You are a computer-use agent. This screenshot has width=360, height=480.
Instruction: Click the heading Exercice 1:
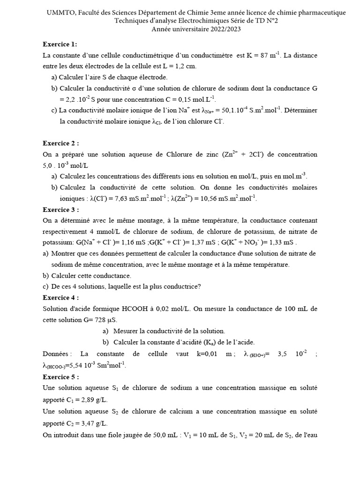(60, 45)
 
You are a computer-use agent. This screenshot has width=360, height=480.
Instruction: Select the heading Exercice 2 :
(60, 143)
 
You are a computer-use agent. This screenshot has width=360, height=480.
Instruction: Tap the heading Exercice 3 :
(60, 210)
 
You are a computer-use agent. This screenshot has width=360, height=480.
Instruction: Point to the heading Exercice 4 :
(60, 298)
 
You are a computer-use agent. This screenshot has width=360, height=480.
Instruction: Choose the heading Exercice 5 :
(60, 377)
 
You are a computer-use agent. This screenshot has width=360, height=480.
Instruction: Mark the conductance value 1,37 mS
(198, 243)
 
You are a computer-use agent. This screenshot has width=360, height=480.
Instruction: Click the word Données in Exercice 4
(57, 353)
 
